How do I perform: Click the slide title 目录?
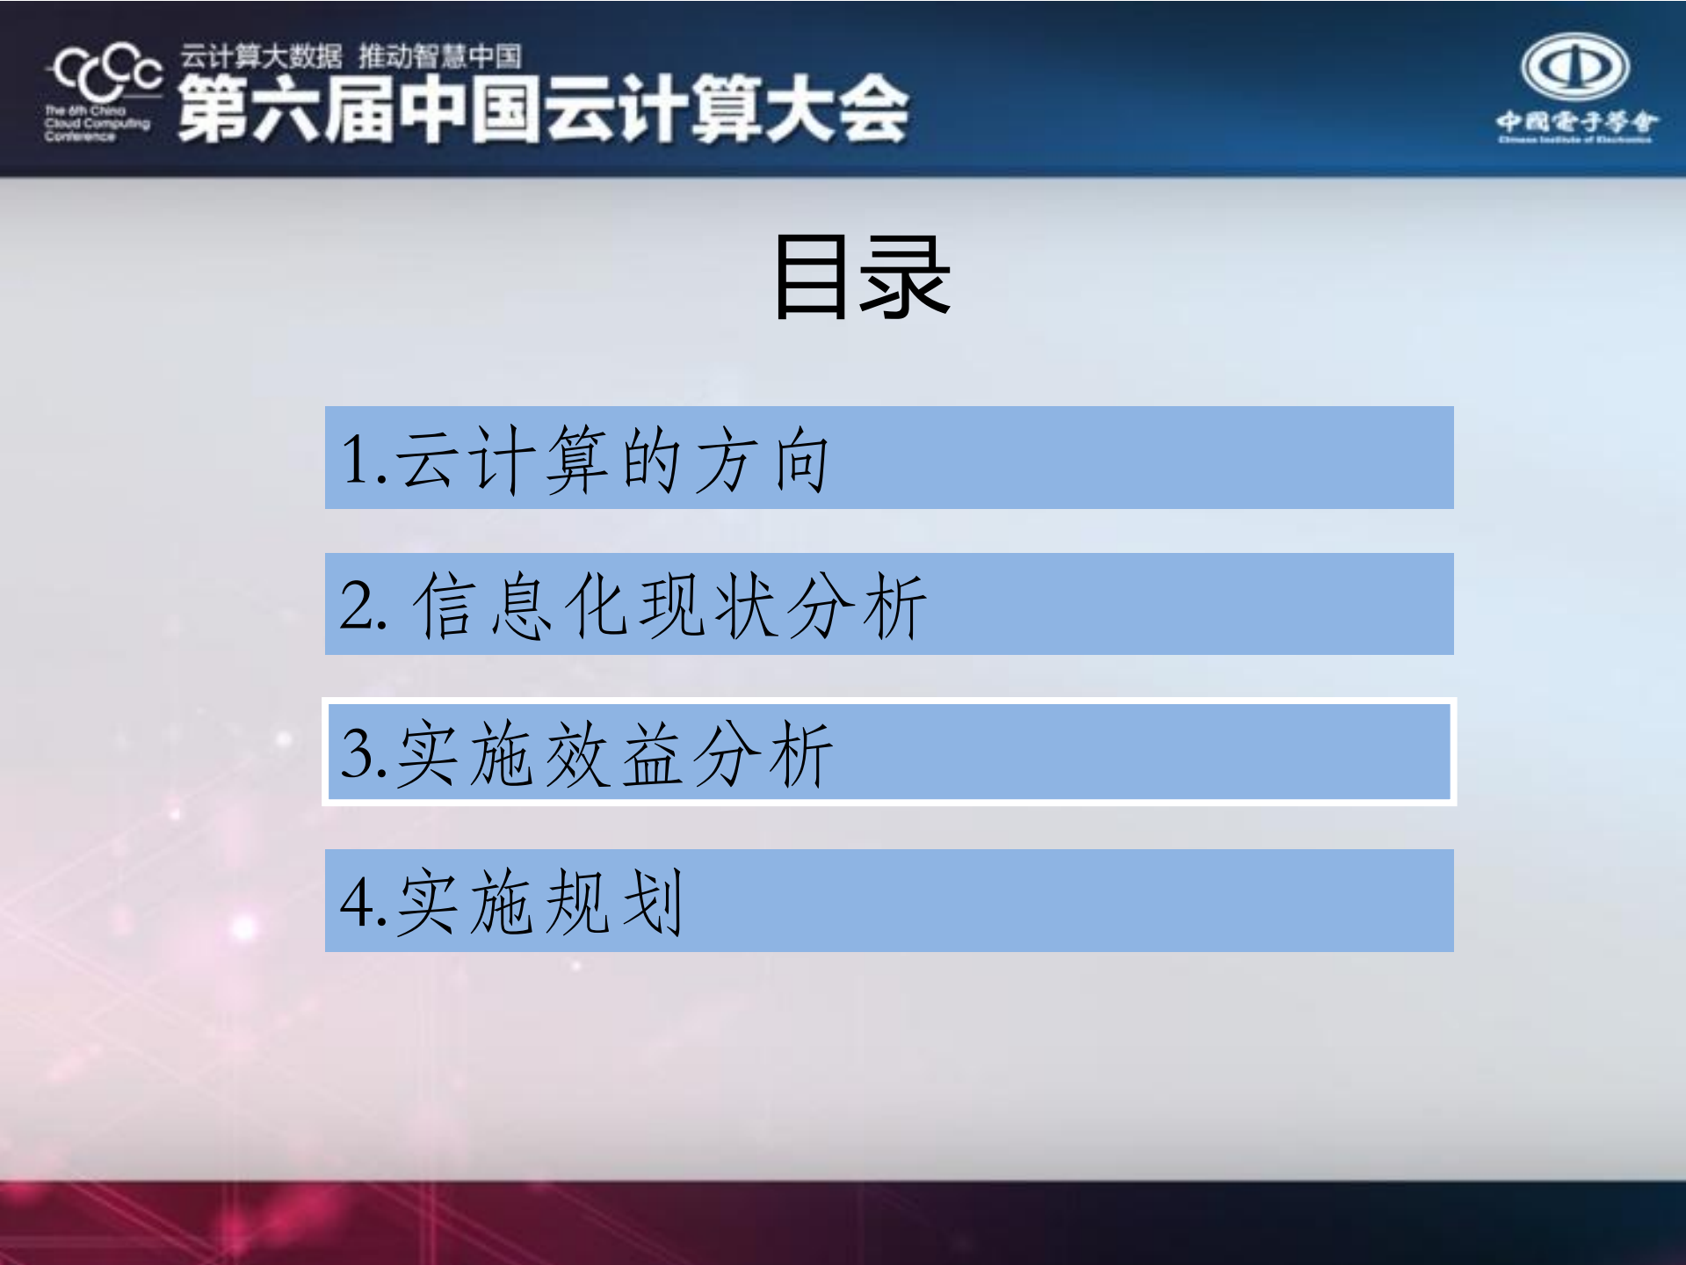[862, 277]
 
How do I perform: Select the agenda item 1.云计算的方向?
[888, 457]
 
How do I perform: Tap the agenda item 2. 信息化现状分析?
[888, 604]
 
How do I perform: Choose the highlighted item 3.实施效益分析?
[888, 752]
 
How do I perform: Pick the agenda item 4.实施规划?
[888, 900]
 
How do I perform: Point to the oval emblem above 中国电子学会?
[1575, 67]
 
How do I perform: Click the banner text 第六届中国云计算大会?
[543, 109]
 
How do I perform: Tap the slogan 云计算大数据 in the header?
[261, 56]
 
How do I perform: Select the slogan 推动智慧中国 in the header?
[439, 56]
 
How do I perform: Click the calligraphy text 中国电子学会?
[1576, 121]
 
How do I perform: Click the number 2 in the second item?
[356, 606]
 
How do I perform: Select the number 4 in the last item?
[357, 902]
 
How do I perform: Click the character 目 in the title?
[812, 277]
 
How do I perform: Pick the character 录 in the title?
[906, 277]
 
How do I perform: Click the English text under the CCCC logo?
[96, 124]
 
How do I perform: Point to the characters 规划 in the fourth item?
[614, 902]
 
